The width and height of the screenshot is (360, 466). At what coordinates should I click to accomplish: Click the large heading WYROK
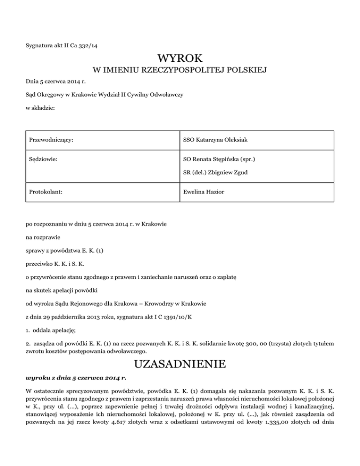click(180, 59)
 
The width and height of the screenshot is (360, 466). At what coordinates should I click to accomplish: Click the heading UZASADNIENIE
click(180, 364)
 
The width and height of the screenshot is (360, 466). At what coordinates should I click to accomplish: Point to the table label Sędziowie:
click(44, 159)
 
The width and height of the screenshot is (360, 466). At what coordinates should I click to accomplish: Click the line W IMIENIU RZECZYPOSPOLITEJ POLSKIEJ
click(180, 71)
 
